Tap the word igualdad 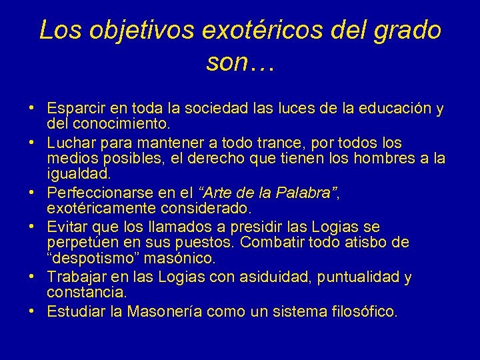[75, 175]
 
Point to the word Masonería [165, 311]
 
